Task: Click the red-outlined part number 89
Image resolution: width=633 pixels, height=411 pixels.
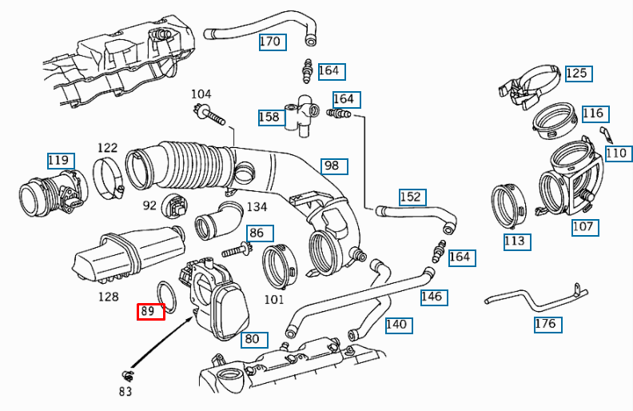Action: (150, 311)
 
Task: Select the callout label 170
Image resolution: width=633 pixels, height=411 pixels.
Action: (272, 42)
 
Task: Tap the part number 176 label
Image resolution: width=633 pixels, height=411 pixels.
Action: (547, 324)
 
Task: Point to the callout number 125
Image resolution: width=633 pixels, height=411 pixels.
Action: (576, 74)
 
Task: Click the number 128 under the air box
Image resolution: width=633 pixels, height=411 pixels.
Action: (108, 297)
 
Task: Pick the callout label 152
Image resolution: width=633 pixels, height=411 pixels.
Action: (412, 197)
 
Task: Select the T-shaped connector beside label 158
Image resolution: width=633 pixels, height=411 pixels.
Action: (302, 114)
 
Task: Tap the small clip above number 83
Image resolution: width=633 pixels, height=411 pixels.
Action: (126, 375)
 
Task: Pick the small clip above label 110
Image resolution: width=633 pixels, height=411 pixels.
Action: (605, 133)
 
